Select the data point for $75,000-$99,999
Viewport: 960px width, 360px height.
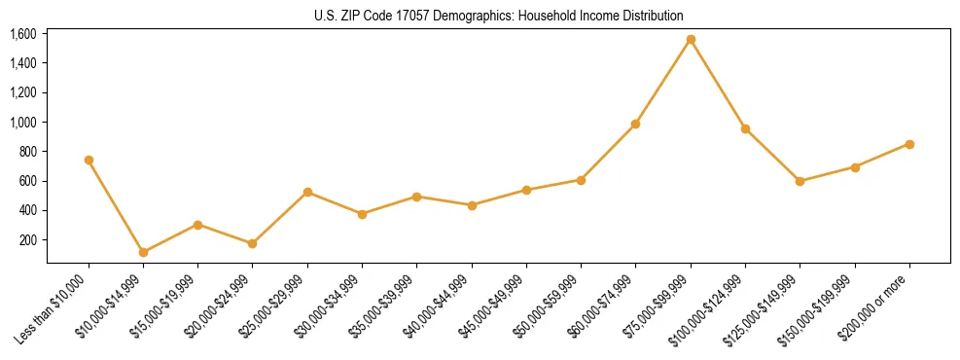(691, 40)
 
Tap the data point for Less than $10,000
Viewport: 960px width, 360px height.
(89, 160)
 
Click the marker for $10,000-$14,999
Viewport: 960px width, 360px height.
(143, 252)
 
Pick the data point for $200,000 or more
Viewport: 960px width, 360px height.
(909, 144)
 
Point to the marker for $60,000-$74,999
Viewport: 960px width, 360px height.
(635, 124)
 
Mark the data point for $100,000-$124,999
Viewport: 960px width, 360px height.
(745, 128)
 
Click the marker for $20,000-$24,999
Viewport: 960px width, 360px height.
(253, 243)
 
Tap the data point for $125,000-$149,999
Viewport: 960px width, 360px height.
(800, 181)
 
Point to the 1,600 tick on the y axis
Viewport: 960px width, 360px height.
(22, 34)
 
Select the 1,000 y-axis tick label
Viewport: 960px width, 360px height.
(22, 123)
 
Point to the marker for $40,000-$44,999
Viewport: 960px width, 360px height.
(472, 205)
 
